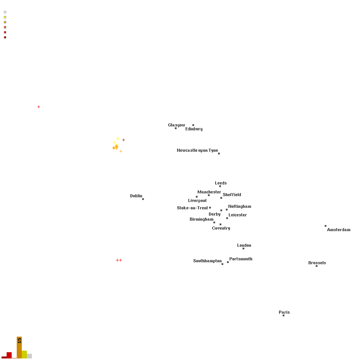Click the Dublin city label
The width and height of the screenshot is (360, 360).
(136, 196)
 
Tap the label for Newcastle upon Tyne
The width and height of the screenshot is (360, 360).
(197, 150)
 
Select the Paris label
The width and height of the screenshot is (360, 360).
(284, 312)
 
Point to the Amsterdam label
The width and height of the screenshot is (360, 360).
(339, 230)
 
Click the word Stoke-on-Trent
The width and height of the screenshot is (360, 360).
(192, 208)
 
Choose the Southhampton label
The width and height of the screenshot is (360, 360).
(207, 261)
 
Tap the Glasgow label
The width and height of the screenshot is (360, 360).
(176, 125)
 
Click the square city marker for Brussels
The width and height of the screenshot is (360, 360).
(317, 266)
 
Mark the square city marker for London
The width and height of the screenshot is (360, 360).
(243, 249)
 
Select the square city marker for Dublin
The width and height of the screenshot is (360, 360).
(143, 199)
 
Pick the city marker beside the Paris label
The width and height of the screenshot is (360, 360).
(284, 316)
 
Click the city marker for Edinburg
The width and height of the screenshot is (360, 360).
(193, 125)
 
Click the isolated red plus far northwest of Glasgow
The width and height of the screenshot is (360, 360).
(39, 107)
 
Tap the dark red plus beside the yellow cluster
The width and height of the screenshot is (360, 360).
(123, 140)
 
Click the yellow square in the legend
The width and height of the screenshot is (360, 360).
(5, 17)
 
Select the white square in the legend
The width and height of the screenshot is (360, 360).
(5, 12)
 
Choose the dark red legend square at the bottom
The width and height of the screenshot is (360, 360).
(5, 37)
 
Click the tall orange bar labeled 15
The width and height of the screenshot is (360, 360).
(19, 348)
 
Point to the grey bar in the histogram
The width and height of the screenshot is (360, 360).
(30, 356)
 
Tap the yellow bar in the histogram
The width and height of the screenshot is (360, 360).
(25, 355)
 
